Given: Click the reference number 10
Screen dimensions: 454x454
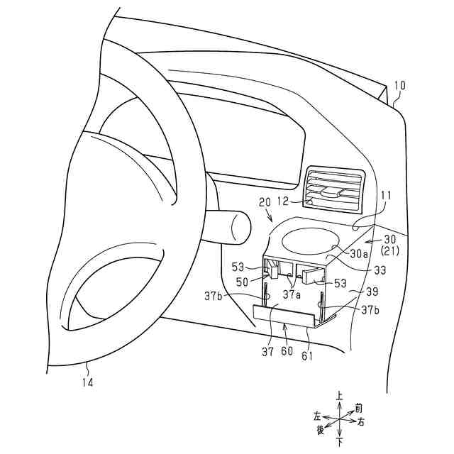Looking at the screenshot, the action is [x=399, y=86].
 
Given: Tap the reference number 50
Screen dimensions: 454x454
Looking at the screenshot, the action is [x=241, y=282].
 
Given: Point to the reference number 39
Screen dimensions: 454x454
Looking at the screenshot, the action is [x=372, y=292].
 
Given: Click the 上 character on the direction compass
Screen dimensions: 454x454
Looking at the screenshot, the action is [x=340, y=397].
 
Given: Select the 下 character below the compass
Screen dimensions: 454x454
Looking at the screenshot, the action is [x=340, y=443].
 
